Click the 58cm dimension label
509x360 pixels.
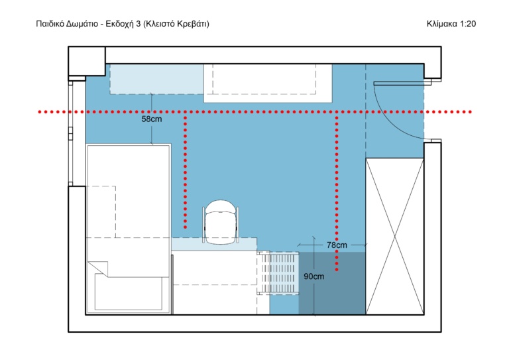point(151,119)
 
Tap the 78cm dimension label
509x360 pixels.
point(337,245)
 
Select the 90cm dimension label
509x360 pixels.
point(313,276)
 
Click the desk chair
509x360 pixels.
point(221,222)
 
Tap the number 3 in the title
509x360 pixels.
point(139,24)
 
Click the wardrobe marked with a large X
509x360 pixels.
point(395,236)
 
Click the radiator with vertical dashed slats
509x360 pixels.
point(278,272)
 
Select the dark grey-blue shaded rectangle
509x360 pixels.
point(332,283)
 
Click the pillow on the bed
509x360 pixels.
point(128,292)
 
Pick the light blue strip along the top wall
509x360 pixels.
point(157,79)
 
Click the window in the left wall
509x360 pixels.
point(70,133)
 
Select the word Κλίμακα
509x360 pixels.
point(441,24)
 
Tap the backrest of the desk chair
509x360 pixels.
point(221,206)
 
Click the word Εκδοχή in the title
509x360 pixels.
point(120,24)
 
